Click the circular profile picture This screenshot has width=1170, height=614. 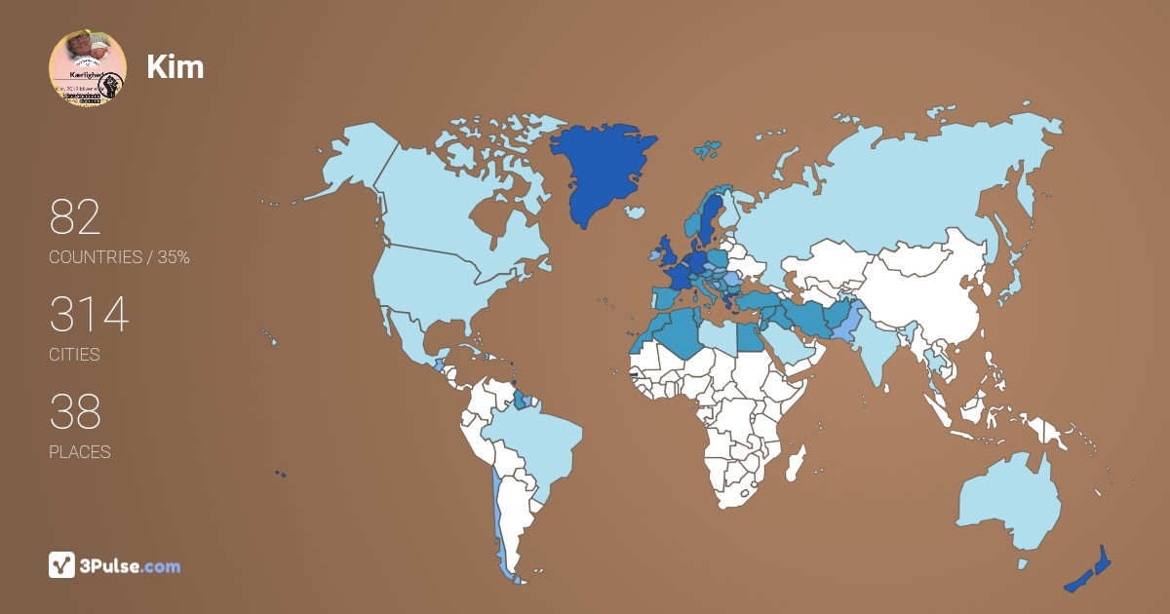tap(88, 68)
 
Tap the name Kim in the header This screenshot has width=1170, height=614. tap(175, 66)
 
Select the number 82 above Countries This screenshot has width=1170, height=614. tap(75, 218)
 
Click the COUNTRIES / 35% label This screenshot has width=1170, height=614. tap(119, 257)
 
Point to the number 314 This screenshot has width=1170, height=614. tap(89, 316)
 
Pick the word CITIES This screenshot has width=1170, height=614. tap(74, 355)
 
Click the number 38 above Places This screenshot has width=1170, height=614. tap(75, 412)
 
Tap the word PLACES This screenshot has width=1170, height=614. tap(79, 452)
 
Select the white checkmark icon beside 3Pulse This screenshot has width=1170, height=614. tap(61, 565)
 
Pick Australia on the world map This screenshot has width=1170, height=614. tap(1009, 502)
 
